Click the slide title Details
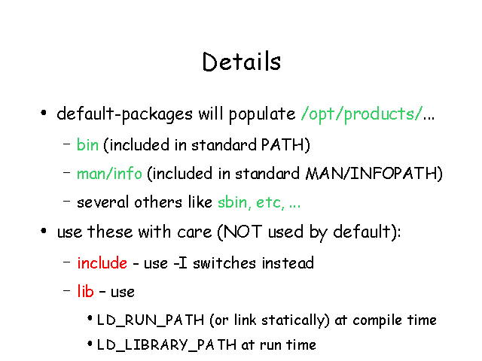(x=241, y=62)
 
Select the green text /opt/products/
(x=362, y=114)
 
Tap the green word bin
(x=87, y=144)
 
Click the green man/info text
(x=109, y=174)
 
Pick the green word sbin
(x=233, y=202)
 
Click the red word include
(x=102, y=263)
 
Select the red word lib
(x=85, y=291)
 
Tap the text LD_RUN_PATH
(x=151, y=320)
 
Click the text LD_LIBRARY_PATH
(x=166, y=344)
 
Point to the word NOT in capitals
(x=243, y=232)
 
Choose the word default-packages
(x=125, y=114)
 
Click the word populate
(x=262, y=114)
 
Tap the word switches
(x=224, y=263)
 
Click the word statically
(x=293, y=320)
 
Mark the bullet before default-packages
(x=44, y=113)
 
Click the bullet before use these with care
(x=44, y=231)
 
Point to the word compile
(x=377, y=320)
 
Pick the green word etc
(x=270, y=202)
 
